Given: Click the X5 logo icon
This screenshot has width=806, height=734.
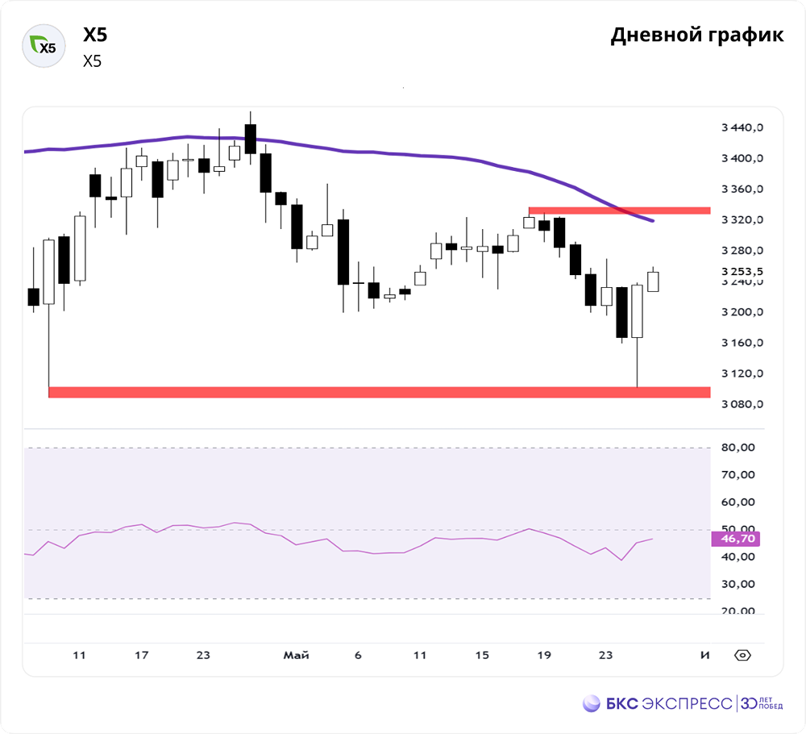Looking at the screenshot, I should tap(43, 46).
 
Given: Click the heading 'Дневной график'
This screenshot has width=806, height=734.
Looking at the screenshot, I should tap(696, 35).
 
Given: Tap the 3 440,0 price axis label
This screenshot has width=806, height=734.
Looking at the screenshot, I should tap(741, 127).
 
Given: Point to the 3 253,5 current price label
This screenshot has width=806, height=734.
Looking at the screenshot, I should tap(741, 271).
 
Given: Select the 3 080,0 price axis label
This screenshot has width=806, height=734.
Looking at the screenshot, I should tap(741, 404).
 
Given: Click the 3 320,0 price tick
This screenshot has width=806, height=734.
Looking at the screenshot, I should tap(741, 219).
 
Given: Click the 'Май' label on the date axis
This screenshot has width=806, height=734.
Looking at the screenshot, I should tap(296, 655).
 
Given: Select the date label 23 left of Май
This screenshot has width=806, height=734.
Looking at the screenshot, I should tap(203, 655).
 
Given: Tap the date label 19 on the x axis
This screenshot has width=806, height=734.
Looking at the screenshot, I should tap(544, 655).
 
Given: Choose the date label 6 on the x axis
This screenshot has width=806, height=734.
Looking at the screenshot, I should tap(358, 655).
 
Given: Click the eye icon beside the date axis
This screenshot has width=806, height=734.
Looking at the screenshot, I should tap(742, 655).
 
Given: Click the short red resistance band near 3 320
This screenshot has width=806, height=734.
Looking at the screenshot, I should tap(619, 211).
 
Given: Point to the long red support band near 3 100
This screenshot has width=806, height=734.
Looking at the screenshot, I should tap(379, 392).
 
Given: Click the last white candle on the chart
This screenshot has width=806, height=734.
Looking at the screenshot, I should tap(653, 281).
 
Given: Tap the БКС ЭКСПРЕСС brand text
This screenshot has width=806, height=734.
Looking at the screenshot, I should tap(668, 703).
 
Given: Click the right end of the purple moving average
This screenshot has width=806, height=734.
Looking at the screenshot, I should tap(651, 220).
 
